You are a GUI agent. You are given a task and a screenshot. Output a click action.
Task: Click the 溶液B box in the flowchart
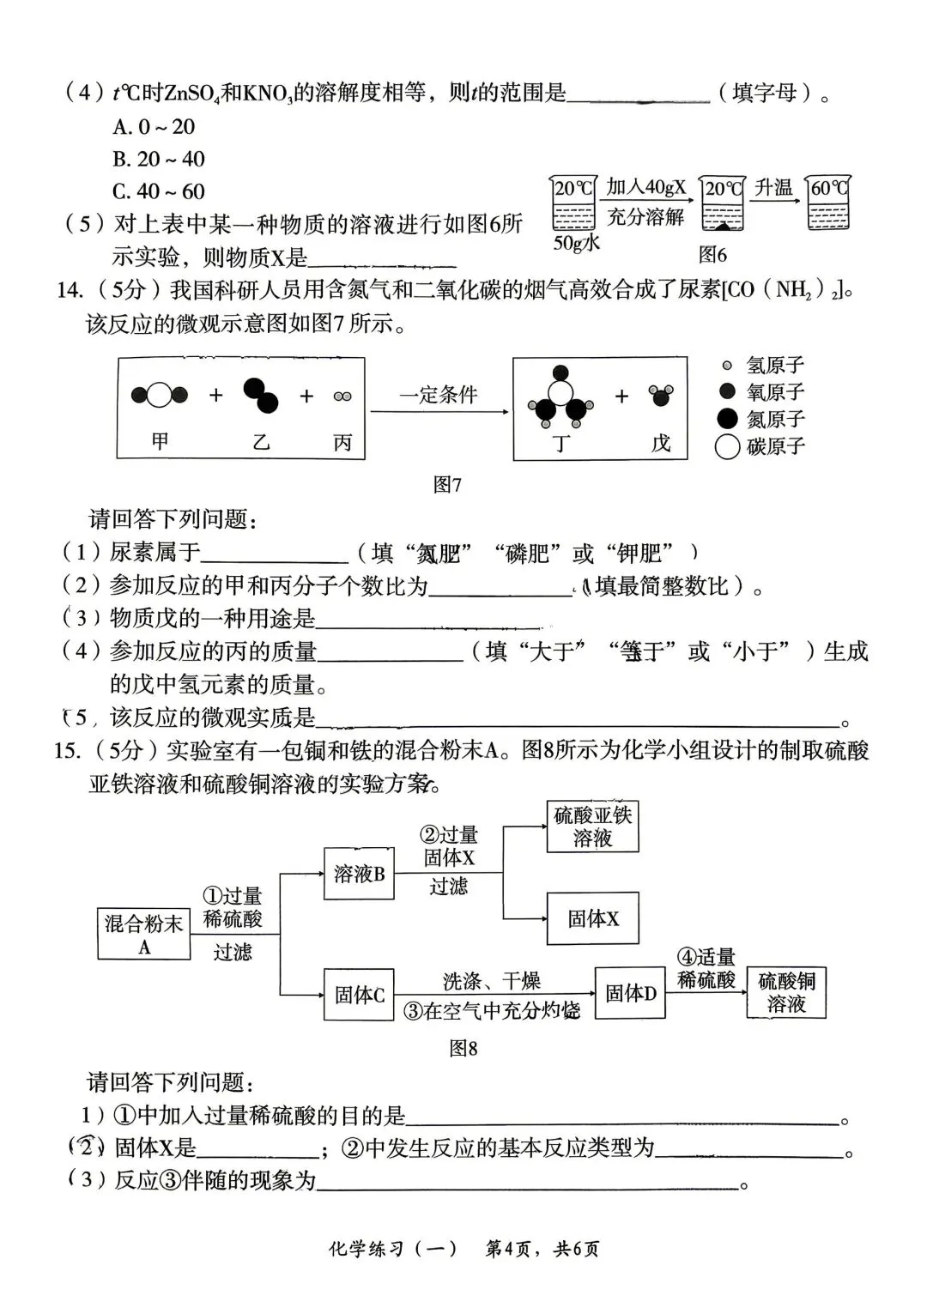(359, 874)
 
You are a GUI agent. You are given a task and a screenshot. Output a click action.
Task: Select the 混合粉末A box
(143, 934)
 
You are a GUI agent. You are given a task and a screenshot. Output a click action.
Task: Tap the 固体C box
(359, 995)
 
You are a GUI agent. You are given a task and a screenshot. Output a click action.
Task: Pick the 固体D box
(630, 993)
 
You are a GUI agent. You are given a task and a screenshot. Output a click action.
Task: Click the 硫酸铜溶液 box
(786, 993)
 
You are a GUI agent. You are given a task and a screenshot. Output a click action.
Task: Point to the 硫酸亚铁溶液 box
(592, 827)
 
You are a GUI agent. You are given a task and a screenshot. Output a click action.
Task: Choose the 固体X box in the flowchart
(592, 919)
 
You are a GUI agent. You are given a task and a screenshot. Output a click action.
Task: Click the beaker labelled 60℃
(828, 204)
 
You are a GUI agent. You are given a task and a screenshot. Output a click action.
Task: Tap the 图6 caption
(712, 254)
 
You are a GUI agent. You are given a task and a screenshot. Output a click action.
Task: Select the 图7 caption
(447, 485)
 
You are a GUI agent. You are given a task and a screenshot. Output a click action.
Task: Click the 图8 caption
(463, 1048)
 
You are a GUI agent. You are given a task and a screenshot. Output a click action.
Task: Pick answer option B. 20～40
(159, 159)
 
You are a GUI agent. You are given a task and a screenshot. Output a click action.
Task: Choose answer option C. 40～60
(159, 191)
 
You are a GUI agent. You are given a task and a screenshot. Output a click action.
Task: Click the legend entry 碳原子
(760, 446)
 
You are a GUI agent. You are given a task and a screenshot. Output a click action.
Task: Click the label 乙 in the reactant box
(260, 442)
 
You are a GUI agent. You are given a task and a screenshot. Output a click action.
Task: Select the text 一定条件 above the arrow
(438, 395)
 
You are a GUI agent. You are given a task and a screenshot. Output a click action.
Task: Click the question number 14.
(69, 290)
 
